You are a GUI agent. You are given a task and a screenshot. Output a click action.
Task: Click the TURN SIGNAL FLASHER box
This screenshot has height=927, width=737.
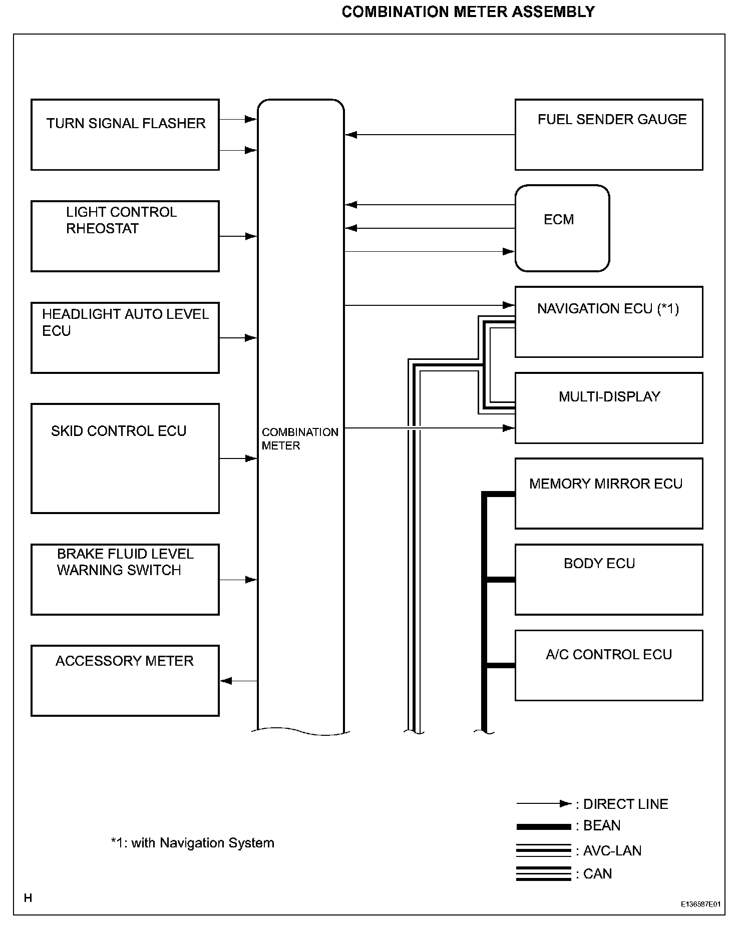[125, 135]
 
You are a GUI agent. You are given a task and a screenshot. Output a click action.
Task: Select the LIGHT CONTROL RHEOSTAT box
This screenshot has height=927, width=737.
[125, 236]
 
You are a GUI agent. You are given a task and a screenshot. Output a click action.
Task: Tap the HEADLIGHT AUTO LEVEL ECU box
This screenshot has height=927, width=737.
[125, 337]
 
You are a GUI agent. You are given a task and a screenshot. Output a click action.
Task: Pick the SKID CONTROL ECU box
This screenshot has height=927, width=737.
[125, 458]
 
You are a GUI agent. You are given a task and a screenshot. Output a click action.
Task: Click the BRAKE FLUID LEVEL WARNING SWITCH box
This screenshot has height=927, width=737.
[125, 579]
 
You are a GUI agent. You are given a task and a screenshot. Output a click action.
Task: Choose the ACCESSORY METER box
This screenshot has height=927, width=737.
[125, 680]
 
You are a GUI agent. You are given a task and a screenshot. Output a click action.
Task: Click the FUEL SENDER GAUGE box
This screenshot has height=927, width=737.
[608, 135]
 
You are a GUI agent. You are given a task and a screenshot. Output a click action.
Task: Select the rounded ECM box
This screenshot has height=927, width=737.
[562, 228]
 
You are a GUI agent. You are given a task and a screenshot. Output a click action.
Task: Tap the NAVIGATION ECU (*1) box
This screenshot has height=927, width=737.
[608, 321]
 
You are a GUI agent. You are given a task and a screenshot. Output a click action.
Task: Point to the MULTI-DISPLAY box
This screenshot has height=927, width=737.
[608, 407]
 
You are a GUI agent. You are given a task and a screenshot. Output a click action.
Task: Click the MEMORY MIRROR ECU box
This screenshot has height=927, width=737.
[608, 493]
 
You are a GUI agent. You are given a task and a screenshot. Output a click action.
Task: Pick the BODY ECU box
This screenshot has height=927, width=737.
[608, 579]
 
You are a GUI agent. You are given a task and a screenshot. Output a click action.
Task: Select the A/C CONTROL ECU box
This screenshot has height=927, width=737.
[608, 665]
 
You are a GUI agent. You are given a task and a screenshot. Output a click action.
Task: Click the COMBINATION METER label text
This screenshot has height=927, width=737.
[299, 438]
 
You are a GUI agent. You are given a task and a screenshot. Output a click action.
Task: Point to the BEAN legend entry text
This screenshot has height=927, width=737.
[602, 825]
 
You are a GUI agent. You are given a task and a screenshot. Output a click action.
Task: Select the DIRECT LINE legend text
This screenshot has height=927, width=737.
[625, 804]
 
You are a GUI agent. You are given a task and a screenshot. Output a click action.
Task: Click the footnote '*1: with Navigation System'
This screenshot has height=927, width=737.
[192, 843]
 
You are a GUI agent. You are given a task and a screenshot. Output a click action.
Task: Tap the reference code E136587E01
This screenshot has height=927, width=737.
[700, 904]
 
